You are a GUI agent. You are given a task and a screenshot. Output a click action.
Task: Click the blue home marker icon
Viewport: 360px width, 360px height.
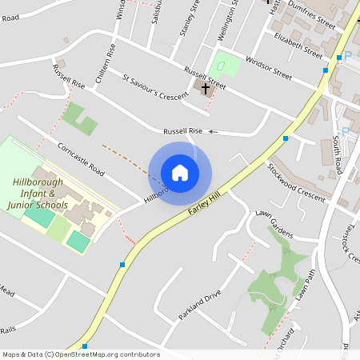pos(180,173)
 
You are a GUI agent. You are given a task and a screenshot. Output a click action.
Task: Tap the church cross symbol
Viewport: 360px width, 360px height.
pos(206,88)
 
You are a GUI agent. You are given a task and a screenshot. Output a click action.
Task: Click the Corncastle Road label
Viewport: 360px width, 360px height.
pos(81,159)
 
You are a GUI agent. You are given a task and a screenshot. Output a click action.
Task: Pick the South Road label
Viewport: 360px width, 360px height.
pos(337,157)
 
